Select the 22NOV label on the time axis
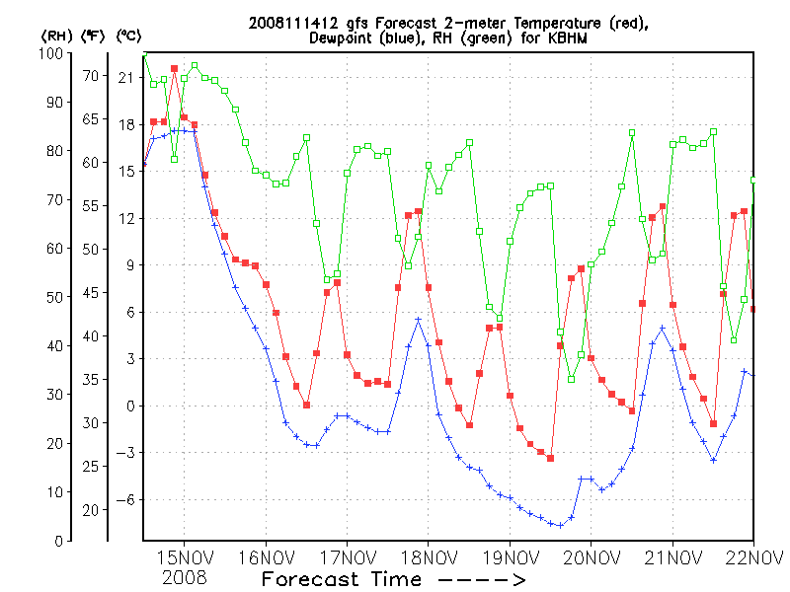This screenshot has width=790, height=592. (x=753, y=558)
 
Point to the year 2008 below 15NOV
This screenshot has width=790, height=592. (x=186, y=575)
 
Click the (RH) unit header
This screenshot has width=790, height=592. (x=55, y=36)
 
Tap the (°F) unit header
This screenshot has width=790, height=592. (x=94, y=36)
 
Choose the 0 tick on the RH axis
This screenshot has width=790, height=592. (x=59, y=542)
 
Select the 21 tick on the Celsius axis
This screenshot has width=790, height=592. (x=126, y=77)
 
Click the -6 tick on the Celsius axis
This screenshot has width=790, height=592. (x=124, y=499)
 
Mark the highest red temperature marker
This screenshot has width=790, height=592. (x=174, y=69)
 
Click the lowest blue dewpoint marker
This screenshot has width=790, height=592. (x=561, y=525)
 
